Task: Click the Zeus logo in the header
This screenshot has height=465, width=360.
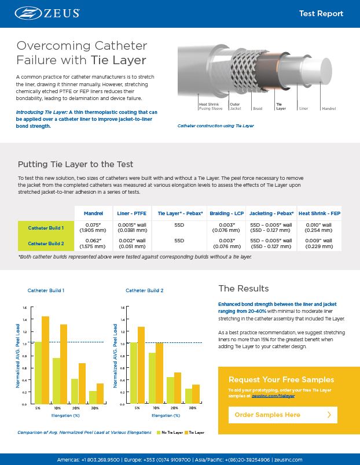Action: (x=47, y=13)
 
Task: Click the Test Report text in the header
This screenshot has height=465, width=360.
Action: (x=321, y=13)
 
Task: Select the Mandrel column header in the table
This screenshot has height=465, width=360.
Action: (x=93, y=213)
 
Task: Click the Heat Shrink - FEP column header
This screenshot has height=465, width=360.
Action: (x=319, y=213)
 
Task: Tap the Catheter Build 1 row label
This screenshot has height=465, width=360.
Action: (x=46, y=227)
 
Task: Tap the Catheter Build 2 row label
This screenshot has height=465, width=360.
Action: (x=46, y=243)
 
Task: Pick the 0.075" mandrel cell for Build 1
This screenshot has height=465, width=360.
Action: (x=93, y=227)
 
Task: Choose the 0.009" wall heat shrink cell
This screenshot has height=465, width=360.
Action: (x=319, y=243)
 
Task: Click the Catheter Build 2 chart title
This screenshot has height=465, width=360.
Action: (x=145, y=290)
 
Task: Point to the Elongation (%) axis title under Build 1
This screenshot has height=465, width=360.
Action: (x=64, y=415)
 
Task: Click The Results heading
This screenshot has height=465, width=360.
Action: (x=243, y=289)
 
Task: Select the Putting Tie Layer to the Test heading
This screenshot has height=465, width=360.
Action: (x=76, y=164)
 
